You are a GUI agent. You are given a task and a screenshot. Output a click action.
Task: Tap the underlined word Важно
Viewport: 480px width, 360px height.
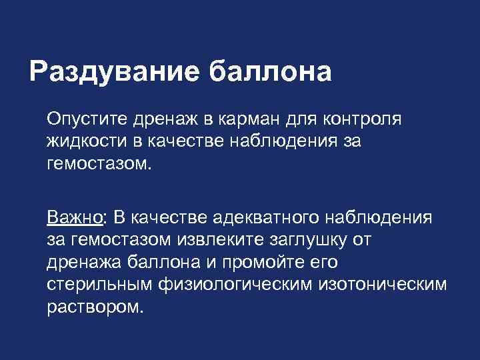[x=74, y=217]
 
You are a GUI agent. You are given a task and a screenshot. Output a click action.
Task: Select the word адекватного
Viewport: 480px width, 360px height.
[x=265, y=217]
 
